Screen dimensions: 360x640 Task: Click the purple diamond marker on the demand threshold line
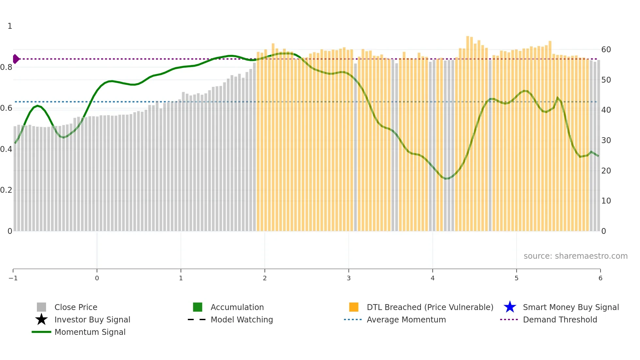(16, 59)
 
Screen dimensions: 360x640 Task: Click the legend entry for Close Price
(76, 307)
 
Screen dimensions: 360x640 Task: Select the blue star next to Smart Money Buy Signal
(510, 307)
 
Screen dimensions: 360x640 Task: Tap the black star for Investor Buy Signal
(41, 319)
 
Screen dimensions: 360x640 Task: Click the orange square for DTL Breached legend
(354, 307)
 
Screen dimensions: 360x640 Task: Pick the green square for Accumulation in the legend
(198, 307)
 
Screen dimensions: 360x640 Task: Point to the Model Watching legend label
(242, 319)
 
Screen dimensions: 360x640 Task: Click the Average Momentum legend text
(406, 319)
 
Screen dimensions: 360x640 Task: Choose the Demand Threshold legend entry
(560, 319)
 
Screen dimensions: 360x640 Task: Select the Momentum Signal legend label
(90, 332)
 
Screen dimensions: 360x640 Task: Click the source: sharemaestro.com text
(575, 256)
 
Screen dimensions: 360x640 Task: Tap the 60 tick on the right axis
(606, 50)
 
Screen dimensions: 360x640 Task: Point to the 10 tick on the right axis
(606, 201)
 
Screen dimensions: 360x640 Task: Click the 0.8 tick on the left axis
(6, 67)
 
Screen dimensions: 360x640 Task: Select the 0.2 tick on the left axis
(6, 190)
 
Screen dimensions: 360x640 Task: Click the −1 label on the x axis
(13, 278)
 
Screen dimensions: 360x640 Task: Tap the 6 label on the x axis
(600, 278)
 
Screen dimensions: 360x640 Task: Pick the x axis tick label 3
(349, 278)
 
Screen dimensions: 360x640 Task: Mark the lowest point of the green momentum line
(446, 179)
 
